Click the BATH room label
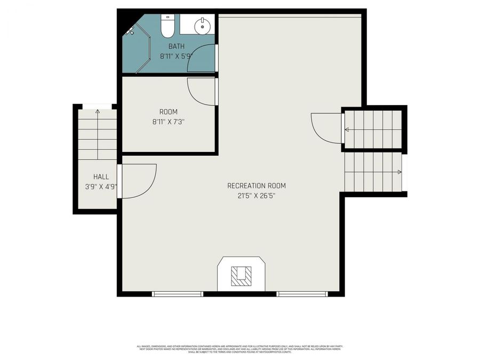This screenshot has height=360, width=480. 176,46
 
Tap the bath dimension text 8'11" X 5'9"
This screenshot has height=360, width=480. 176,55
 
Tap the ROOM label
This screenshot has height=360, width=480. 169,112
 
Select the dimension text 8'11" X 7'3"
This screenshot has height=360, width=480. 169,122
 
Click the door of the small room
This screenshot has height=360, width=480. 202,91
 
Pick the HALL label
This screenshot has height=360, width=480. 101,177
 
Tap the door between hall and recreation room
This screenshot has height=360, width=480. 138,181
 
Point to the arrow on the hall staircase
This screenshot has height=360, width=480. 98,112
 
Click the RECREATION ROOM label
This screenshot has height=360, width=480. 256,186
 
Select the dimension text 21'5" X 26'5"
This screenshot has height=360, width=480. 256,196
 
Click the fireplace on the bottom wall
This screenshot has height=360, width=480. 241,274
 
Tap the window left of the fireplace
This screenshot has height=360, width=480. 178,293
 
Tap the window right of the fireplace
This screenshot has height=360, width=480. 301,293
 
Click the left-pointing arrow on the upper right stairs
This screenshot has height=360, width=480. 347,129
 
